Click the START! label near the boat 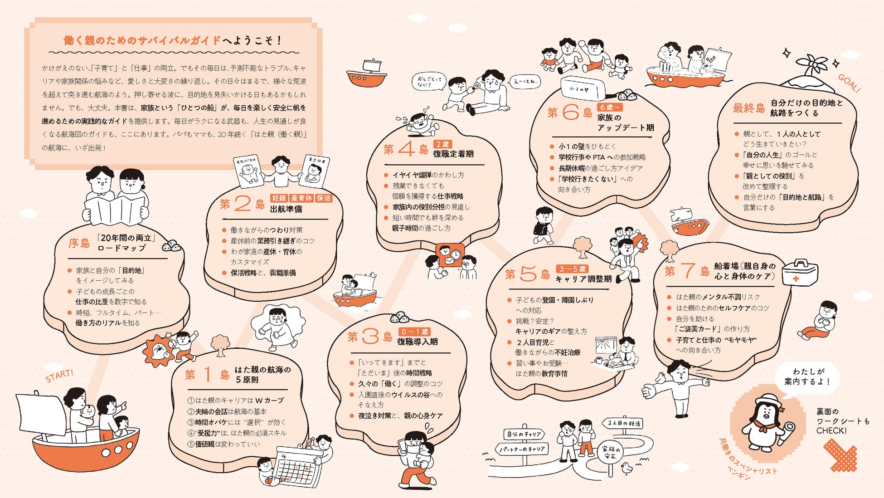pos(59,376)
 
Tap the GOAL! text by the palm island pos(848,83)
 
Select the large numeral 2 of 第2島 pos(243,204)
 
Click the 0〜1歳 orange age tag pos(414,332)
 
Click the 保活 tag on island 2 pos(324,198)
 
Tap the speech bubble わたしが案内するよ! pos(807,377)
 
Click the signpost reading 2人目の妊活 pos(624,423)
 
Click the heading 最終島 pos(749,108)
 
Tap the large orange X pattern pos(840,454)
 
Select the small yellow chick pos(627,468)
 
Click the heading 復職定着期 pos(453,154)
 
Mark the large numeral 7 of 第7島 pos(687,270)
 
